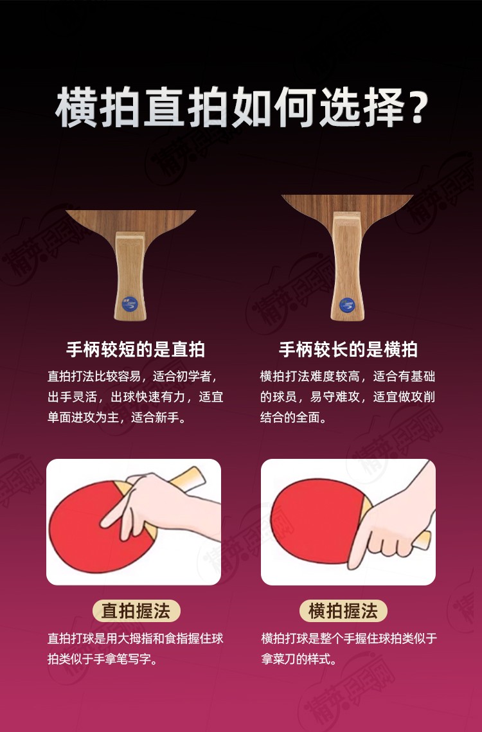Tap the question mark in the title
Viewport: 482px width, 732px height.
415,109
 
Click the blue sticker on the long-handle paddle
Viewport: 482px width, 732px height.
346,305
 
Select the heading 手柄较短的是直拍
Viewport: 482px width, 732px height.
136,349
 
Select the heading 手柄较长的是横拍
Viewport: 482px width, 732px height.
348,349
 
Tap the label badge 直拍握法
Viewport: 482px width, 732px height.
136,611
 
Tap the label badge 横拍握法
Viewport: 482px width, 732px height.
343,611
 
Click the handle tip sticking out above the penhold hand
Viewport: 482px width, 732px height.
189,479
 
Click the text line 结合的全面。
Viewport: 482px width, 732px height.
293,417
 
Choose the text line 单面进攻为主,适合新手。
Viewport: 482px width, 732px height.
117,417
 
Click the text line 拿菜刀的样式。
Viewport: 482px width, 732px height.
299,659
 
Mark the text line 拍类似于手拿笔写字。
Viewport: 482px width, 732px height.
102,659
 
